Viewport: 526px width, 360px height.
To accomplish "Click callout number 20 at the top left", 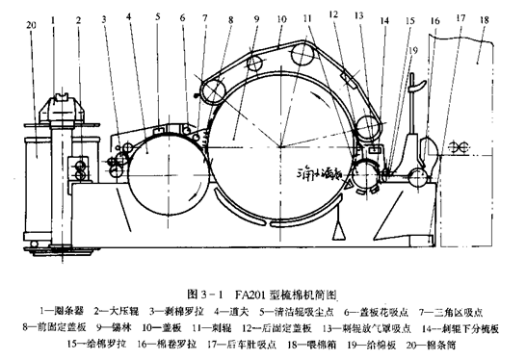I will point(32,21).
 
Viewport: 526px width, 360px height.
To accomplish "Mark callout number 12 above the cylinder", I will point(332,15).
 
